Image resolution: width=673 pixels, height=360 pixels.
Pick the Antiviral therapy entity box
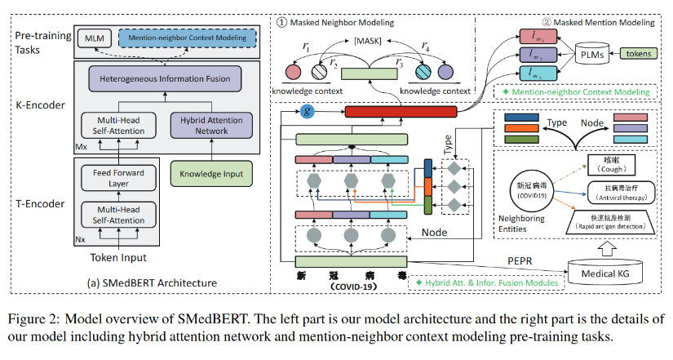[x=623, y=193]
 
